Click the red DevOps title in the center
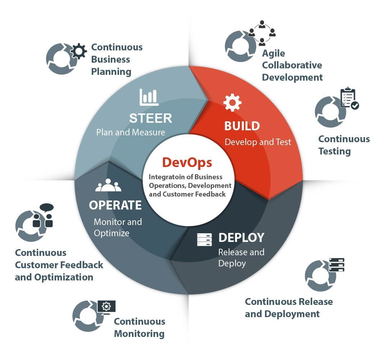(x=187, y=163)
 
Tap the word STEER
(x=151, y=118)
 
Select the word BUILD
(x=242, y=126)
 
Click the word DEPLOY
(x=241, y=238)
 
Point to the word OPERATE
(x=115, y=205)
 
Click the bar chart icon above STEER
(x=149, y=97)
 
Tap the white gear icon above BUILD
(x=232, y=103)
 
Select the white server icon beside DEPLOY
(x=204, y=240)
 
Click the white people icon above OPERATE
(x=108, y=185)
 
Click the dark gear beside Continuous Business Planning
(x=79, y=51)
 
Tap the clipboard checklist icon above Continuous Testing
(x=349, y=98)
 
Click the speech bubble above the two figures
(x=47, y=207)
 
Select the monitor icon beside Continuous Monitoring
(x=106, y=307)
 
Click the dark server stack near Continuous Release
(x=337, y=265)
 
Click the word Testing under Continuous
(x=334, y=151)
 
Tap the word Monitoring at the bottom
(x=139, y=334)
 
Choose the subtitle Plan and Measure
(x=131, y=132)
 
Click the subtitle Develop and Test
(x=258, y=142)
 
